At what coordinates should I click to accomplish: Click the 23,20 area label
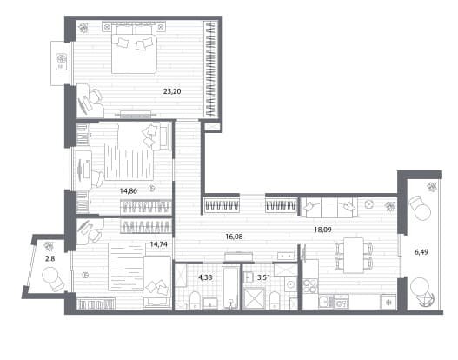[x=172, y=91]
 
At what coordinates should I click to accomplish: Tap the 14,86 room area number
[x=129, y=191]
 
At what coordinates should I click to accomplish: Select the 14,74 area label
[x=159, y=244]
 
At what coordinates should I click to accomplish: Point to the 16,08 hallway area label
[x=234, y=237]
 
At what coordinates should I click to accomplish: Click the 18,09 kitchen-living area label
[x=322, y=230]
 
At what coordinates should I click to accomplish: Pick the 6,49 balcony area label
[x=421, y=251]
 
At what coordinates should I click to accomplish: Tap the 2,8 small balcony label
[x=50, y=258]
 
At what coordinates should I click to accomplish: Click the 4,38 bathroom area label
[x=205, y=277]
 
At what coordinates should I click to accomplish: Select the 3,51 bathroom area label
[x=263, y=277]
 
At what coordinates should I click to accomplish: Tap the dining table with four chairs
[x=354, y=255]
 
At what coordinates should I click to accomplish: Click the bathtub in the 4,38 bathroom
[x=230, y=288]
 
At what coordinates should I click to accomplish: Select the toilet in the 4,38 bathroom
[x=195, y=300]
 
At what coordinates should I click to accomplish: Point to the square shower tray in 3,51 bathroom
[x=255, y=298]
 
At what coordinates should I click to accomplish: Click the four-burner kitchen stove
[x=310, y=285]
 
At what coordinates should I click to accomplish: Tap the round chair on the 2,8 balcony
[x=54, y=279]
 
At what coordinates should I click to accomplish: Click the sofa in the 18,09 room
[x=329, y=207]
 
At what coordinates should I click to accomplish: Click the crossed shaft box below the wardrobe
[x=211, y=127]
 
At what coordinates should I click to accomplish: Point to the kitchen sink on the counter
[x=326, y=302]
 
